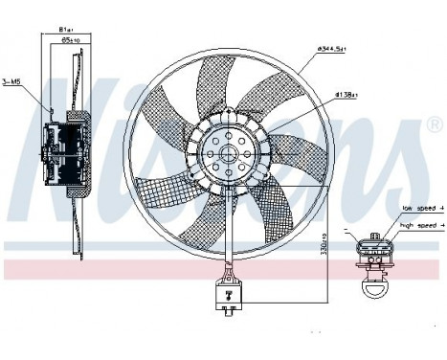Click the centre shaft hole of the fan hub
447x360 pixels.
(228, 151)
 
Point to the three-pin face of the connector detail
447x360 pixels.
(372, 251)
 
